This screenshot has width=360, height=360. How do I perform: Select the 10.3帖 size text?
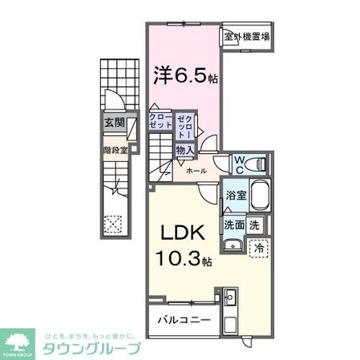(184, 260)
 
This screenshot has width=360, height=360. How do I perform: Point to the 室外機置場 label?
(246, 37)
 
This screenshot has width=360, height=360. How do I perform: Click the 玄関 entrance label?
(113, 123)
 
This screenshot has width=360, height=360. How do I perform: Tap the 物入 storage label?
(185, 149)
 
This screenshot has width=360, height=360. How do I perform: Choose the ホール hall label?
(196, 171)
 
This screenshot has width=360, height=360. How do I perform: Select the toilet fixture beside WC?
(258, 163)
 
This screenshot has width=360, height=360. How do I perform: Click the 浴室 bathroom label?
(235, 194)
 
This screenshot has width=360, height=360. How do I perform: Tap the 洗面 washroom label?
(234, 225)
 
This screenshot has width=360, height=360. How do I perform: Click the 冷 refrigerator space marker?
(258, 249)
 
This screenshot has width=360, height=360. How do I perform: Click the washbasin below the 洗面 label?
(233, 246)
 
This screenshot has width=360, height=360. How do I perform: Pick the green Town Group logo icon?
(19, 340)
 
